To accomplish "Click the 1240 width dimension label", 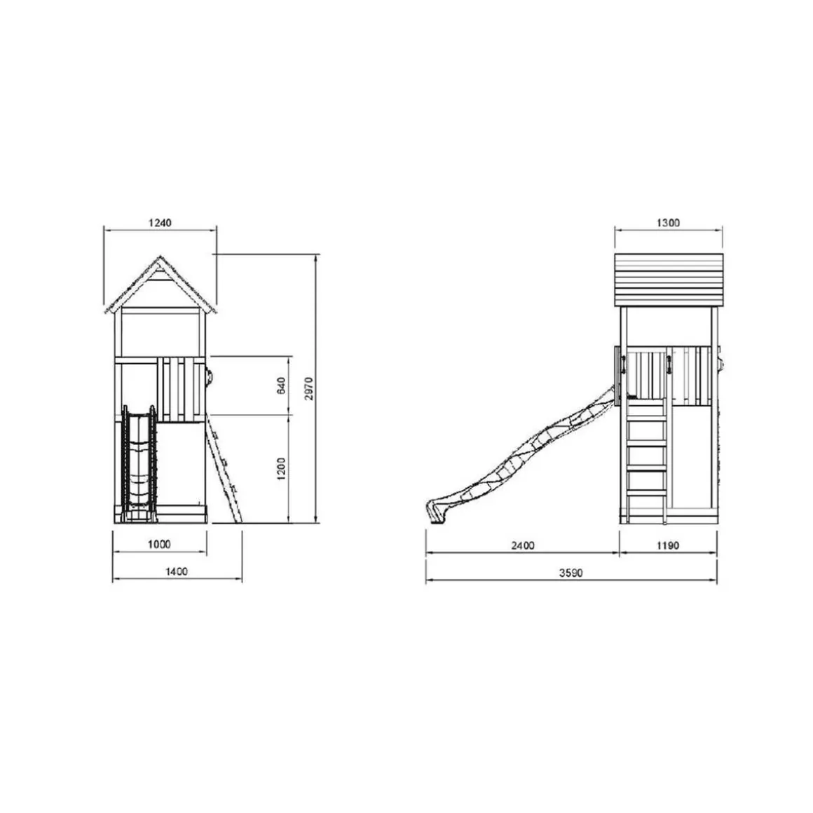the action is (160, 223).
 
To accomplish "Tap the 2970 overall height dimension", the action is (309, 388).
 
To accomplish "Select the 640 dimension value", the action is (281, 385).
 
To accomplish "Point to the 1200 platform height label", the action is (281, 468).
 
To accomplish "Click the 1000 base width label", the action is (159, 544).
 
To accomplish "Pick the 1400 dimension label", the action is (177, 571).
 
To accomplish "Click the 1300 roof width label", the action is (668, 223).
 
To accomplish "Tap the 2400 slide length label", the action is (523, 545).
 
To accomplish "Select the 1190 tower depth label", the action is (668, 545).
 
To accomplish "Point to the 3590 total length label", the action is (571, 573).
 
